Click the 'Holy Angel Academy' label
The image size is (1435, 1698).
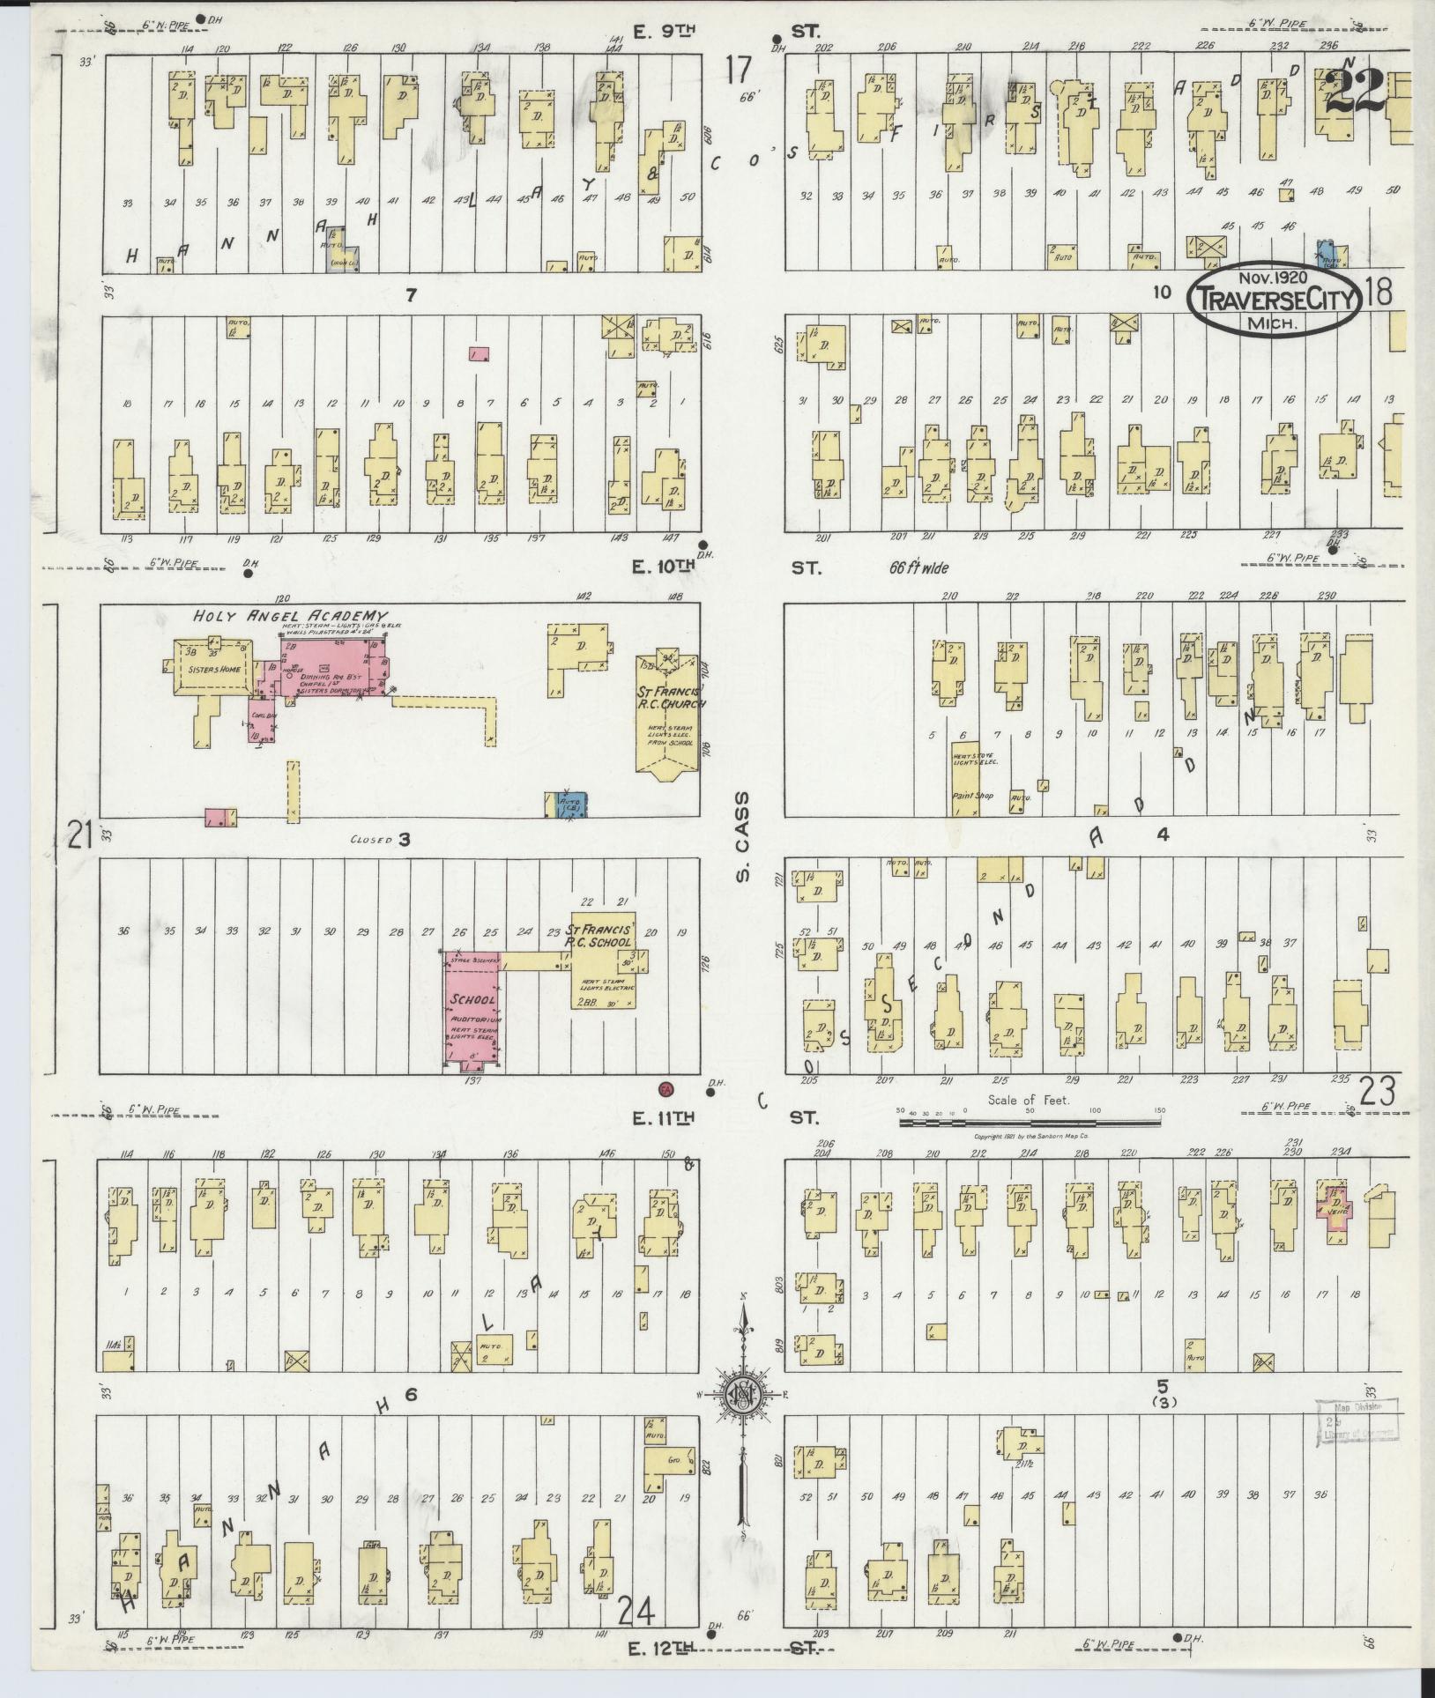291,615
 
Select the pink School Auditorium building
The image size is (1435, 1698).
472,1014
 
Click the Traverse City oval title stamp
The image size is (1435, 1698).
1275,300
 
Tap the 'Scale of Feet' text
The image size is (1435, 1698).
1029,1100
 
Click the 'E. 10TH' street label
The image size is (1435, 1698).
664,568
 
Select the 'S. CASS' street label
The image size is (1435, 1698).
742,836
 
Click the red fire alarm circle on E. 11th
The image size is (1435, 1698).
667,1088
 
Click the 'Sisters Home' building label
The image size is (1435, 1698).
210,668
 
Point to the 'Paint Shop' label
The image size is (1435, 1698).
972,796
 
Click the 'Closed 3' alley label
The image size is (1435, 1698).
381,840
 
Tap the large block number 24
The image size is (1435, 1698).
636,1612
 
